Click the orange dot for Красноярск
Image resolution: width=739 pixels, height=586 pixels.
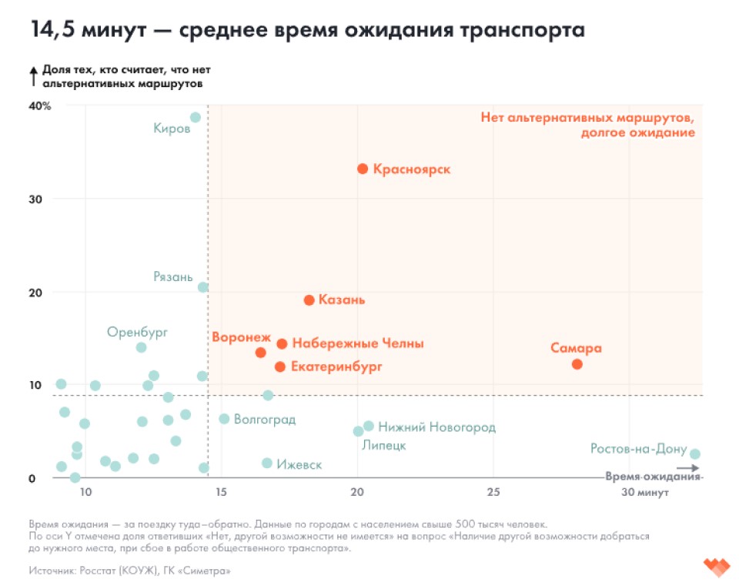[x=363, y=169]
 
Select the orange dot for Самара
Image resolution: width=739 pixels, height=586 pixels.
[x=577, y=364]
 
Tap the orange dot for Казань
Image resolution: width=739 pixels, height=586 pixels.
[x=309, y=300]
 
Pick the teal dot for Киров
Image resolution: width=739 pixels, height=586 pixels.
[x=196, y=118]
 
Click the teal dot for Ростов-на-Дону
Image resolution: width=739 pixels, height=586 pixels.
[x=694, y=454]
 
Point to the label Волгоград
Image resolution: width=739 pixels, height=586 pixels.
[x=264, y=420]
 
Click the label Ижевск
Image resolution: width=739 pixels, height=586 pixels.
[x=299, y=464]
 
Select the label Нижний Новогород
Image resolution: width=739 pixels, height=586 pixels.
[x=436, y=427]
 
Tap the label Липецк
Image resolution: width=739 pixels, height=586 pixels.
[x=383, y=445]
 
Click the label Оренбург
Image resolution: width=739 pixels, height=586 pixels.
[x=137, y=332]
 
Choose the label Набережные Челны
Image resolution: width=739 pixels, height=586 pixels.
[x=358, y=343]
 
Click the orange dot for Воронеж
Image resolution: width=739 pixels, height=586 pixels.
[x=260, y=353]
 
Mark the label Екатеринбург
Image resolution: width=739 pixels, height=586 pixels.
[x=336, y=367]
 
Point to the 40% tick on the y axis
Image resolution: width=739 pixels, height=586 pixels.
[x=40, y=105]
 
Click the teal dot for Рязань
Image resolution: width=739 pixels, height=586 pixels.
[x=203, y=287]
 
